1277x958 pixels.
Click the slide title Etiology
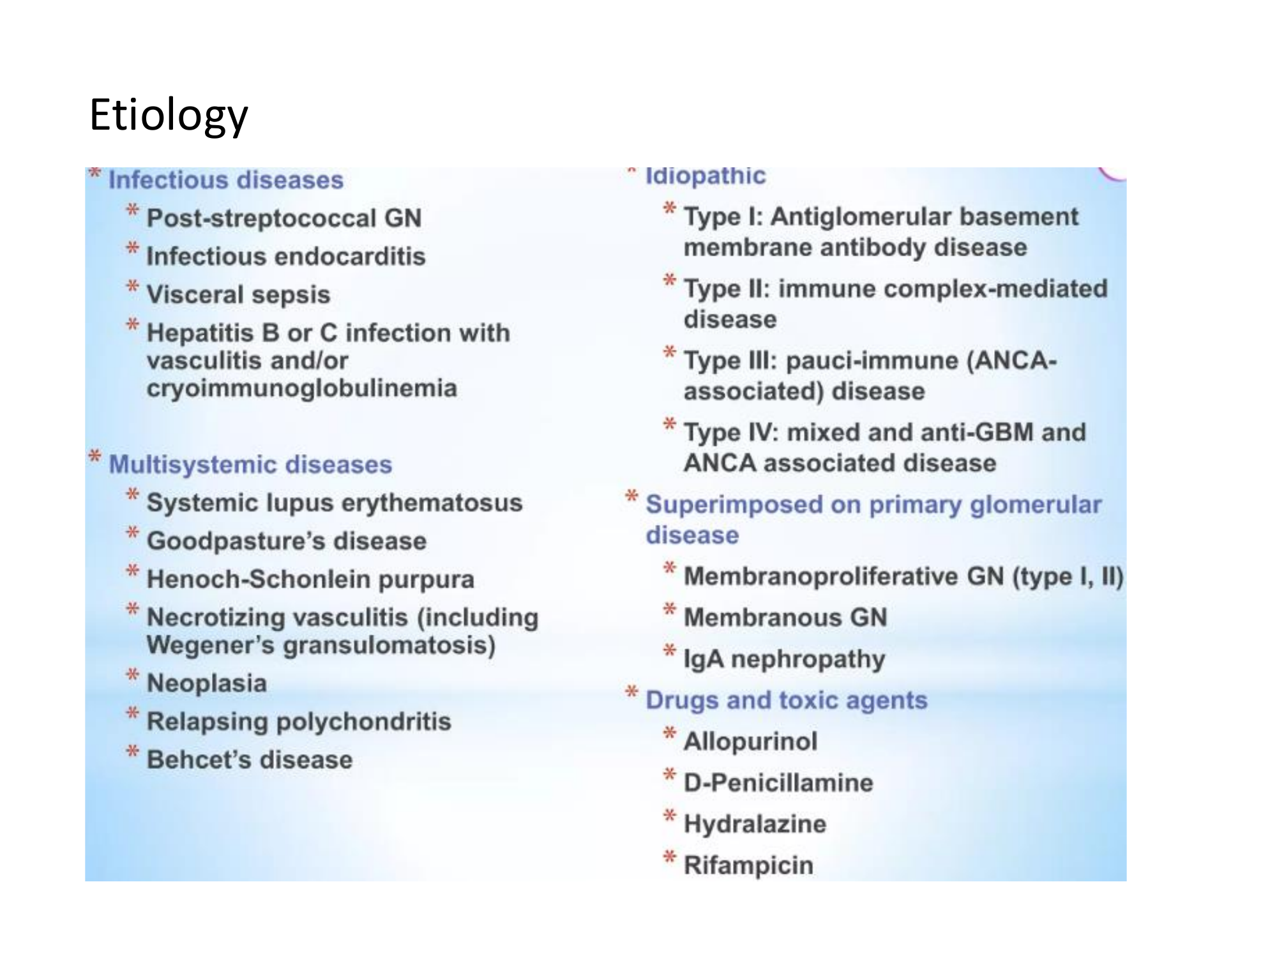pyautogui.click(x=169, y=116)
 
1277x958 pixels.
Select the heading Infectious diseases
pyautogui.click(x=226, y=180)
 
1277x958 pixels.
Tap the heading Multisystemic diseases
pyautogui.click(x=250, y=464)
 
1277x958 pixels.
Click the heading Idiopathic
pyautogui.click(x=706, y=175)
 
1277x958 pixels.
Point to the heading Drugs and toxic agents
pyautogui.click(x=787, y=700)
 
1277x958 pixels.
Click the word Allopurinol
pyautogui.click(x=750, y=741)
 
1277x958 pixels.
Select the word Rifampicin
pyautogui.click(x=748, y=865)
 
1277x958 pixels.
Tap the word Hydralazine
pyautogui.click(x=755, y=824)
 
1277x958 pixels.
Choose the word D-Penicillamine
pyautogui.click(x=778, y=782)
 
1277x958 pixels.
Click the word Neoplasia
pyautogui.click(x=207, y=683)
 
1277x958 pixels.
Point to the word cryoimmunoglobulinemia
pyautogui.click(x=302, y=388)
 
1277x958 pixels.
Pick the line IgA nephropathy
pyautogui.click(x=785, y=659)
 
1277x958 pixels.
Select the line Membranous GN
pyautogui.click(x=785, y=618)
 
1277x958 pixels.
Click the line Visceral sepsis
pyautogui.click(x=239, y=295)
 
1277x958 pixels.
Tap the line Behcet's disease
pyautogui.click(x=250, y=760)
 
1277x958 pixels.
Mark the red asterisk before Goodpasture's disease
pyautogui.click(x=132, y=533)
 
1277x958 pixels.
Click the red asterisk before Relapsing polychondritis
pyautogui.click(x=132, y=713)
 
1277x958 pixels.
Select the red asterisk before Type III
pyautogui.click(x=669, y=353)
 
